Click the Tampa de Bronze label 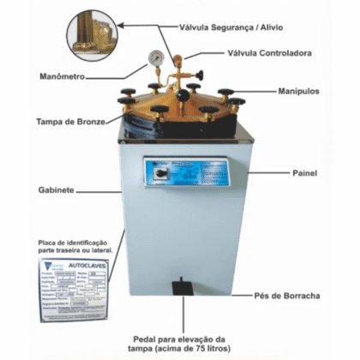[71, 122]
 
